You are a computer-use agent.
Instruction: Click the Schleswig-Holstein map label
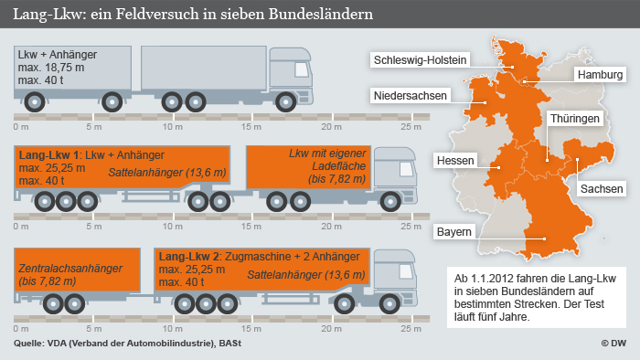pos(419,60)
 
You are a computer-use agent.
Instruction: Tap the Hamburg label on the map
pos(599,74)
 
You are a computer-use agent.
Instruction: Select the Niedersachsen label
pos(409,95)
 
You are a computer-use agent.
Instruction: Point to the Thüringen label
pos(574,119)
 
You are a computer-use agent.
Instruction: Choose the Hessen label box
pos(455,161)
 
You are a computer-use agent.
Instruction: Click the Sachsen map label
pos(601,188)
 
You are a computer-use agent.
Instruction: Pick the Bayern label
pos(453,231)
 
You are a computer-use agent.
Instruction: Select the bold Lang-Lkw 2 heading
pos(188,258)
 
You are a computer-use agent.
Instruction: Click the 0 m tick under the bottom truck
pos(21,326)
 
